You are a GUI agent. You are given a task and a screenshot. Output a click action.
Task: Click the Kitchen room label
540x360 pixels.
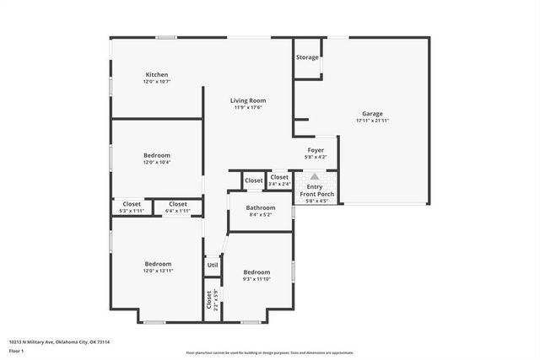pos(157,75)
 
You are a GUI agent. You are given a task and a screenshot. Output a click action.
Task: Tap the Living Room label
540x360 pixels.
pos(248,100)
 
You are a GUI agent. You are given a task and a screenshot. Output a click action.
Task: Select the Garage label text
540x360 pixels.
pos(372,114)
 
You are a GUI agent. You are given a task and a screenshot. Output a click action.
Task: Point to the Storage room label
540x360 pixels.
pos(307,57)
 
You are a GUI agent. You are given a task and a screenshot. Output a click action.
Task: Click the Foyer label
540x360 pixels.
pos(315,150)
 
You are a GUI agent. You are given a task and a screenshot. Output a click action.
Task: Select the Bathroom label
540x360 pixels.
pos(260,207)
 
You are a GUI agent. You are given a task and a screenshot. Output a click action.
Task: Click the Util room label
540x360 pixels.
pos(213,265)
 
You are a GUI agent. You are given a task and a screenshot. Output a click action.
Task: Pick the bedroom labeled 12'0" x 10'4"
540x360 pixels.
pos(157,155)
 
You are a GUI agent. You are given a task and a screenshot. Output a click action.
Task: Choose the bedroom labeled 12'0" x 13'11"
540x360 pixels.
pos(157,264)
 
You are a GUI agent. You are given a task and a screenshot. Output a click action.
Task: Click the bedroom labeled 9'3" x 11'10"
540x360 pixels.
pos(256,272)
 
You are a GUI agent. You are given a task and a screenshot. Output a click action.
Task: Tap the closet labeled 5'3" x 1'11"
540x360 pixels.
pos(132,204)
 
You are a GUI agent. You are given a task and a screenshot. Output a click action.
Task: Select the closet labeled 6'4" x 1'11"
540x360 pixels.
pos(177,204)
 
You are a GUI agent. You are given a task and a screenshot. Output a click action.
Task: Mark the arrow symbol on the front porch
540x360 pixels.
pos(315,177)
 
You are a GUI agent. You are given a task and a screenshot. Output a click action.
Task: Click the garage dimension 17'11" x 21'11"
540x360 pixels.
pos(372,121)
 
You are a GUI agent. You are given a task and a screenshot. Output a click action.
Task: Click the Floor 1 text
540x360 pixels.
pos(16,350)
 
